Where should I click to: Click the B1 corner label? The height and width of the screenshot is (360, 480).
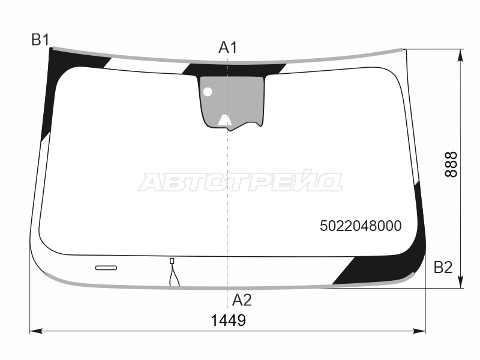[x=40, y=40]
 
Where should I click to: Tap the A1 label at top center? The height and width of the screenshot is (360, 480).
[x=228, y=48]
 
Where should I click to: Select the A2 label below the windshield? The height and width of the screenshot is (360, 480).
[x=242, y=300]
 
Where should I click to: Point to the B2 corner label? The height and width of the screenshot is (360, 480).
[x=443, y=267]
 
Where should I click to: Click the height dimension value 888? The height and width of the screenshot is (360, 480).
[x=451, y=164]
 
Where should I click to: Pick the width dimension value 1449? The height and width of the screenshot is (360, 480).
[x=229, y=320]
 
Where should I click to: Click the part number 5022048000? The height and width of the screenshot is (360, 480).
[x=361, y=226]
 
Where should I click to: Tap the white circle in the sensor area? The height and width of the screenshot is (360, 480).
[x=208, y=92]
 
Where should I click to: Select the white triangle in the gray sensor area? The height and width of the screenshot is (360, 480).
[x=225, y=121]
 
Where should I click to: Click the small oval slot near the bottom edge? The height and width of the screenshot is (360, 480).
[x=106, y=268]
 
